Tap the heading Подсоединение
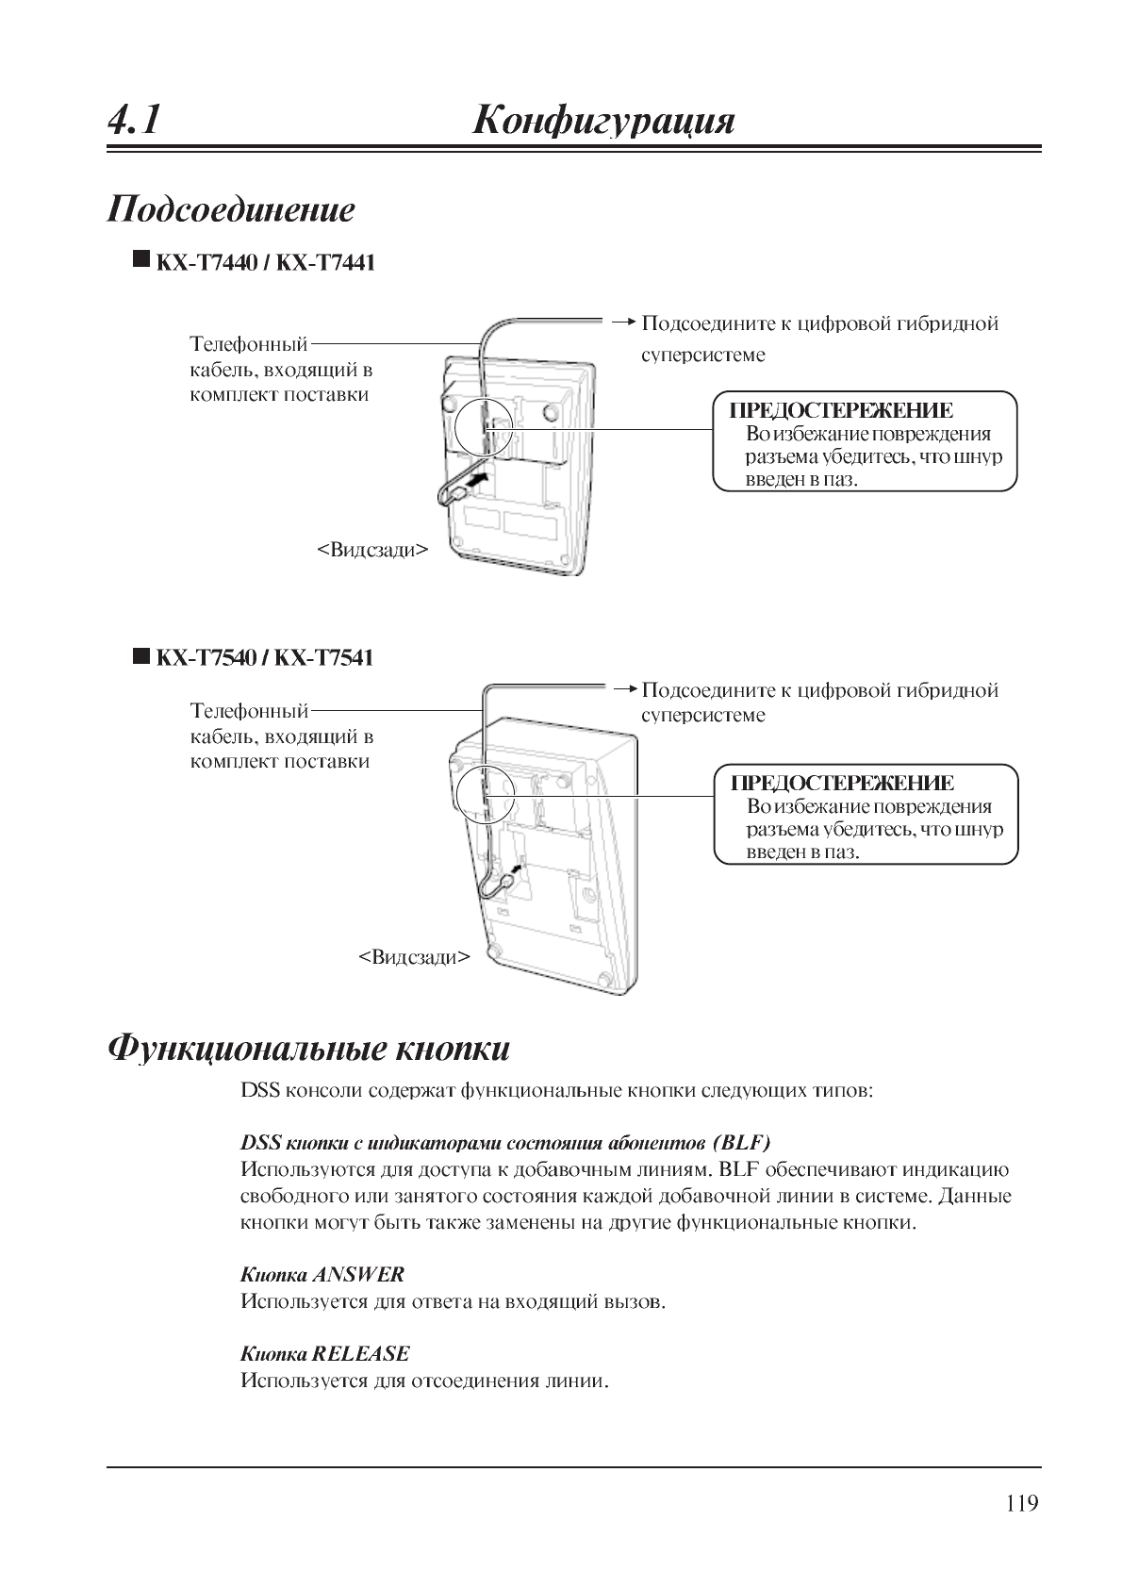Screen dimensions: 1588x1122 click(x=232, y=208)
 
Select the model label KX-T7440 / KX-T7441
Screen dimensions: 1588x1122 click(x=265, y=263)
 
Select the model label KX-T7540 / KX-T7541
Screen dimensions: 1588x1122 click(x=264, y=657)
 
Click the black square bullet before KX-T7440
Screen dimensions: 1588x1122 click(x=141, y=259)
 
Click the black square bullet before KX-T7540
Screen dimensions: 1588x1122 click(x=141, y=654)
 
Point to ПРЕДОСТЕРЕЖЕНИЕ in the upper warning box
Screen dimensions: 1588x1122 click(x=842, y=410)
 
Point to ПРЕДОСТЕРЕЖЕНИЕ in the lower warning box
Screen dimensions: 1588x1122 click(x=843, y=783)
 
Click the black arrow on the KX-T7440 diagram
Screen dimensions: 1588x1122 click(x=478, y=480)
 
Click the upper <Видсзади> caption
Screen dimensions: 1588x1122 click(x=371, y=549)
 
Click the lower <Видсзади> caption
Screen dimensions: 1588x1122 click(x=414, y=957)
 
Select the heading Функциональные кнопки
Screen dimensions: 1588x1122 click(x=309, y=1048)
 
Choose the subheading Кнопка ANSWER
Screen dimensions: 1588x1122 click(x=322, y=1274)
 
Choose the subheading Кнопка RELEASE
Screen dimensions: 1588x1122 click(x=325, y=1353)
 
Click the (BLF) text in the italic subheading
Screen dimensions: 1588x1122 click(x=743, y=1143)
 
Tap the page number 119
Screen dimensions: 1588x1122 click(x=1021, y=1503)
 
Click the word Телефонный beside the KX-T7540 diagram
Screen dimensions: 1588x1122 click(x=250, y=710)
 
